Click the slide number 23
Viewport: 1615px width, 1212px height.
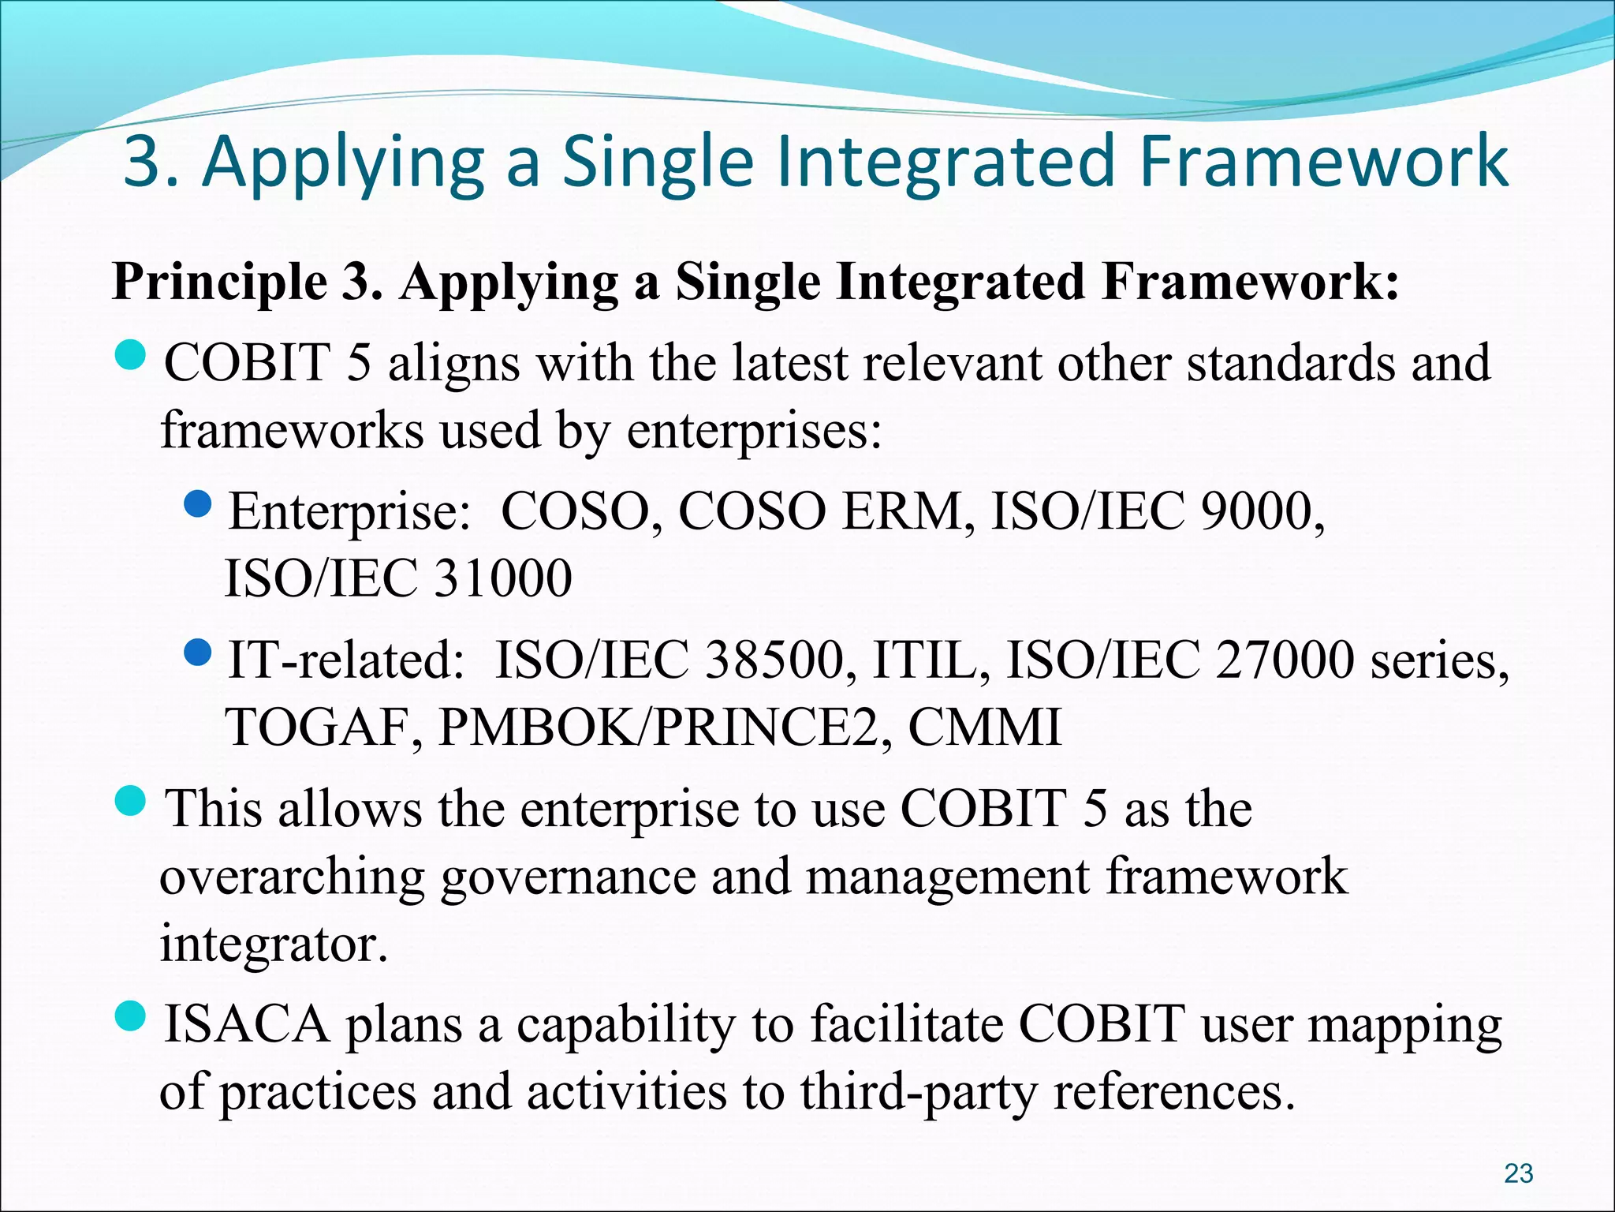coord(1518,1173)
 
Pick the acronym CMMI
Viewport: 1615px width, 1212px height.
coord(985,727)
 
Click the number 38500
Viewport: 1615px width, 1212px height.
coord(774,660)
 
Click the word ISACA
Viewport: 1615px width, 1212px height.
coord(246,1024)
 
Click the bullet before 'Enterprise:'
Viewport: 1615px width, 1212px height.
coord(197,503)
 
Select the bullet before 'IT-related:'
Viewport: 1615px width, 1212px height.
coord(197,651)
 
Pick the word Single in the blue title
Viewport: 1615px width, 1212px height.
coord(658,162)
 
